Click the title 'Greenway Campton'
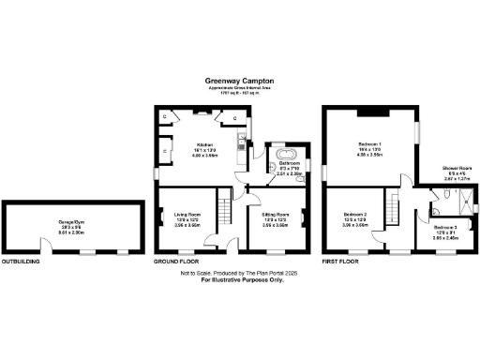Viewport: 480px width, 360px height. click(x=239, y=81)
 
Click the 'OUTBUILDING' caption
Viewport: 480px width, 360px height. click(x=21, y=262)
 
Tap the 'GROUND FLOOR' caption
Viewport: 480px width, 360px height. click(x=177, y=262)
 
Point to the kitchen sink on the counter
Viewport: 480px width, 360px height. click(x=242, y=142)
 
